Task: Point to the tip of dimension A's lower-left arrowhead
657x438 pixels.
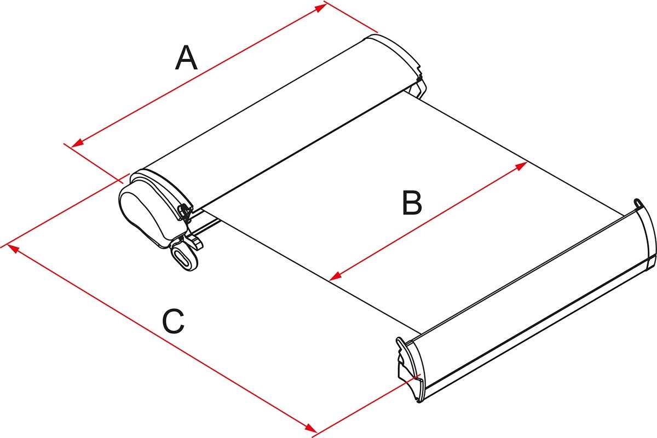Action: click(71, 147)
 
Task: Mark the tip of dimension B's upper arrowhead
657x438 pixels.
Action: click(528, 162)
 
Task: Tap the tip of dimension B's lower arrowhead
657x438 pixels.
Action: click(329, 280)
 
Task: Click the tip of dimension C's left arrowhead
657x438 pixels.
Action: click(7, 244)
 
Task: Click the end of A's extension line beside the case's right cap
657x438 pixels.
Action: click(378, 32)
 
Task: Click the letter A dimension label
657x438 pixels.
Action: click(186, 57)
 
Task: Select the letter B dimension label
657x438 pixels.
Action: click(412, 203)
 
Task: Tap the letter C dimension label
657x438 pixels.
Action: click(174, 321)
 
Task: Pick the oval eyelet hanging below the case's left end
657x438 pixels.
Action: click(185, 257)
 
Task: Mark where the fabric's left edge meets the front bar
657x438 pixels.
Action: click(422, 334)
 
